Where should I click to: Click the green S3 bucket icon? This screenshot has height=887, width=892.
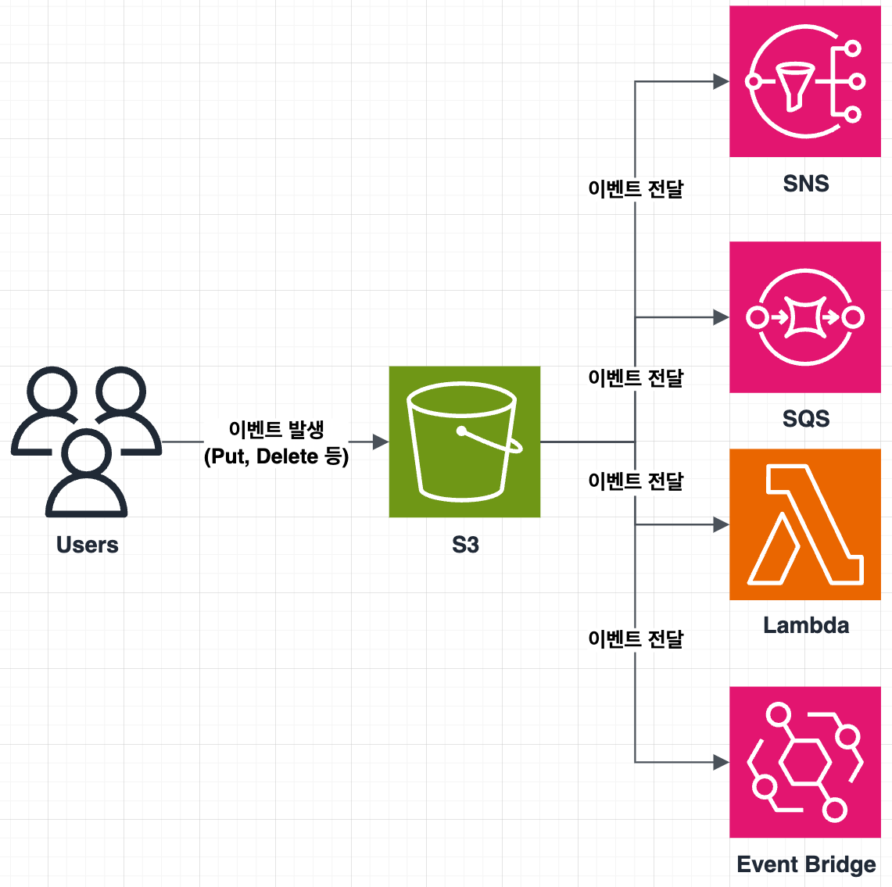pyautogui.click(x=464, y=442)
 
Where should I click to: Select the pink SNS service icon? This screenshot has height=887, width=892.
pyautogui.click(x=805, y=81)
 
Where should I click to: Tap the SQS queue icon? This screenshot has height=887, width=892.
pyautogui.click(x=805, y=317)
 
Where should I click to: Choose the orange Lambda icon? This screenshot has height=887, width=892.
pyautogui.click(x=805, y=524)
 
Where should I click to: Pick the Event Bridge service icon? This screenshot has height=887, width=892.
pyautogui.click(x=805, y=762)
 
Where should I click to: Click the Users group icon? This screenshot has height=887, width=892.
pyautogui.click(x=86, y=442)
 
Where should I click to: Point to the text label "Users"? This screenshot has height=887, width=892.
pyautogui.click(x=87, y=545)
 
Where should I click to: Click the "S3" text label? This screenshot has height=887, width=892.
pyautogui.click(x=465, y=545)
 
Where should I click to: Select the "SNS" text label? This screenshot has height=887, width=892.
pyautogui.click(x=806, y=184)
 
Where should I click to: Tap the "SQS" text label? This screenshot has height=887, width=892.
pyautogui.click(x=806, y=419)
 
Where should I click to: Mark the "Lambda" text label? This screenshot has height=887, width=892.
pyautogui.click(x=806, y=625)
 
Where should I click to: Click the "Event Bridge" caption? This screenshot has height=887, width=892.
pyautogui.click(x=806, y=864)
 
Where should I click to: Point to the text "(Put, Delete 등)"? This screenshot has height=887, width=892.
pyautogui.click(x=276, y=456)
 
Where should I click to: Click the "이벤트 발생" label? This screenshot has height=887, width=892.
pyautogui.click(x=276, y=429)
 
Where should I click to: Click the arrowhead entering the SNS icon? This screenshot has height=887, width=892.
pyautogui.click(x=722, y=81)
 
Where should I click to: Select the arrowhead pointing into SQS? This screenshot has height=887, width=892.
pyautogui.click(x=722, y=317)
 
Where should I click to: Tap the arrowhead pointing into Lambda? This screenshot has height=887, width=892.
pyautogui.click(x=722, y=525)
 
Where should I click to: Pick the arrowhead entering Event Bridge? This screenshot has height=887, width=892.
pyautogui.click(x=722, y=762)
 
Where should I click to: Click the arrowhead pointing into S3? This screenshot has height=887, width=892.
pyautogui.click(x=381, y=442)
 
